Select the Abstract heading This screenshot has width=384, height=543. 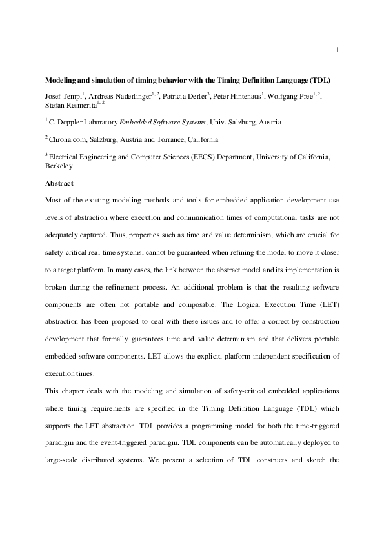click(x=59, y=183)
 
